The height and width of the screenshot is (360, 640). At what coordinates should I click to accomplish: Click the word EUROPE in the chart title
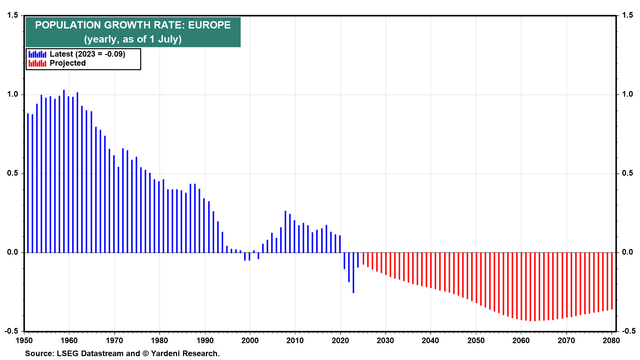tap(209, 25)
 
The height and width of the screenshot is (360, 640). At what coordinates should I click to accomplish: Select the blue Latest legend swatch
tap(37, 54)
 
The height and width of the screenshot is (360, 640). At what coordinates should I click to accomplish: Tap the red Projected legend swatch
tap(37, 63)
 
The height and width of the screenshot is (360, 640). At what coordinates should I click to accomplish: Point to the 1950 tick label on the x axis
tap(24, 340)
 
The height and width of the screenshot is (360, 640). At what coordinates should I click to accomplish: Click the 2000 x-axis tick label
tap(250, 340)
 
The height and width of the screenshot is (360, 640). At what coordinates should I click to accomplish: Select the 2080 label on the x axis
tap(611, 340)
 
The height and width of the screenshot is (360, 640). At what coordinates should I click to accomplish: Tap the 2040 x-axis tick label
tap(431, 340)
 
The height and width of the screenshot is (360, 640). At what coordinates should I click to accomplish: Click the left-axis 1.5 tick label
tap(12, 15)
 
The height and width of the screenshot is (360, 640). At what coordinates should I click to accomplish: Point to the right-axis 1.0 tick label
tap(628, 94)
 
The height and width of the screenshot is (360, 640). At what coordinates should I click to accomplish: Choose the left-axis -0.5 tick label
tap(11, 331)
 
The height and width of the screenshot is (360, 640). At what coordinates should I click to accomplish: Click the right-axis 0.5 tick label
tap(628, 173)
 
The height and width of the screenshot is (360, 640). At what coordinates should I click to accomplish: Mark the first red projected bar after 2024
tap(363, 259)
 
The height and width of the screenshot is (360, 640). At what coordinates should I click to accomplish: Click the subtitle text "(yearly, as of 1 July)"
tap(133, 39)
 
